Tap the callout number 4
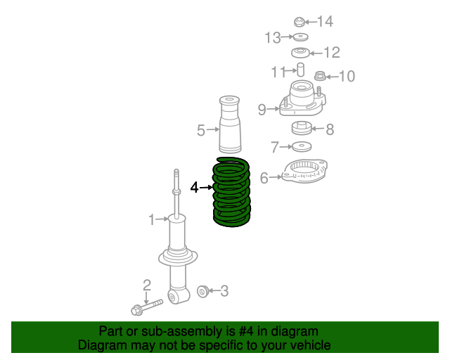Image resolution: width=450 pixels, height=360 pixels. pyautogui.click(x=194, y=188)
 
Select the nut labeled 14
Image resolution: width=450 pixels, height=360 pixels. pyautogui.click(x=300, y=22)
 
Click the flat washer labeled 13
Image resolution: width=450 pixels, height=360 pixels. pyautogui.click(x=300, y=37)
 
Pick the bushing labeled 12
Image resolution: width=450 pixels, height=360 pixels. pyautogui.click(x=300, y=53)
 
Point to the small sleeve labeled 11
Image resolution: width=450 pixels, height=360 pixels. pyautogui.click(x=300, y=70)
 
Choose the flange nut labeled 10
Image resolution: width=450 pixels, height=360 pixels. pyautogui.click(x=320, y=76)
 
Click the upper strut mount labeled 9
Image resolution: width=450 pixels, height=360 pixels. pyautogui.click(x=302, y=99)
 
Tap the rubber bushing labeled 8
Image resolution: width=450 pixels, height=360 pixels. pyautogui.click(x=302, y=128)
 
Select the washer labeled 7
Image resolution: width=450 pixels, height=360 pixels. pyautogui.click(x=302, y=147)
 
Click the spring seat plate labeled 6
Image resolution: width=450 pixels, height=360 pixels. pyautogui.click(x=304, y=171)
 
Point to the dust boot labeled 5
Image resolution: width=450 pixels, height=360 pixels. pyautogui.click(x=230, y=124)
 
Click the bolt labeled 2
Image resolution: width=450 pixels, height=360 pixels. pyautogui.click(x=147, y=307)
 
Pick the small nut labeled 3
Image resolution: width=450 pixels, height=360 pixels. pyautogui.click(x=203, y=292)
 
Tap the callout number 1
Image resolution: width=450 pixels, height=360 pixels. pyautogui.click(x=152, y=219)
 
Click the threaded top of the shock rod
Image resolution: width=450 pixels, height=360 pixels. pyautogui.click(x=176, y=178)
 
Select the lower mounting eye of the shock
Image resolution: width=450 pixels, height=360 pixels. pyautogui.click(x=178, y=296)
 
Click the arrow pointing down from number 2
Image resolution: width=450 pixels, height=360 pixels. pyautogui.click(x=147, y=298)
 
